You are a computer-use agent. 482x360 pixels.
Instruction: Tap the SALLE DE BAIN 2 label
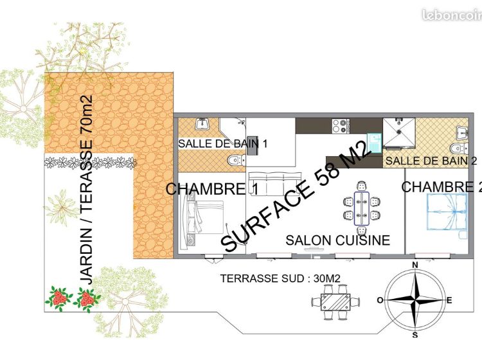point(431,161)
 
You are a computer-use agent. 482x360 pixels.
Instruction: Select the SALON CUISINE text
point(338,240)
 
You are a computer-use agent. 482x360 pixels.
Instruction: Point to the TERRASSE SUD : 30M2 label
point(280,278)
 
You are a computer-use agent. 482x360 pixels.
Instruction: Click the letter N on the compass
point(415,265)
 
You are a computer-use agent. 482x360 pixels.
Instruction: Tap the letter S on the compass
point(415,335)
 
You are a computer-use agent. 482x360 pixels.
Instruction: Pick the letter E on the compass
point(449,300)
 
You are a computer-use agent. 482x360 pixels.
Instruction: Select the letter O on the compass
point(380,300)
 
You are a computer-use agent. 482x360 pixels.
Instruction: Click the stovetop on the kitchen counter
point(341,126)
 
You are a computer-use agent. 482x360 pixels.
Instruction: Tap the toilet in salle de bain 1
point(237,160)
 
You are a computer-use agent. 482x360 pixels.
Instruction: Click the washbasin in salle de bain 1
point(202,123)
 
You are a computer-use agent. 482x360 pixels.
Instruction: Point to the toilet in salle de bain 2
point(459,148)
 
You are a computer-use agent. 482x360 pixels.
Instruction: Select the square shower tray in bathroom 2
point(399,132)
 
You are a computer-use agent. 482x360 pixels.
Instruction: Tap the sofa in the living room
point(274,184)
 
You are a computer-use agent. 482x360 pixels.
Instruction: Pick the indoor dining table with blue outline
point(361,208)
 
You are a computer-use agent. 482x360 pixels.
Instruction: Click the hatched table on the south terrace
point(335,302)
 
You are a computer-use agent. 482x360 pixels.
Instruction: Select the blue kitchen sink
point(375,143)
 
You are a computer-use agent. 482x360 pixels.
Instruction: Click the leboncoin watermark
point(452,15)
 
